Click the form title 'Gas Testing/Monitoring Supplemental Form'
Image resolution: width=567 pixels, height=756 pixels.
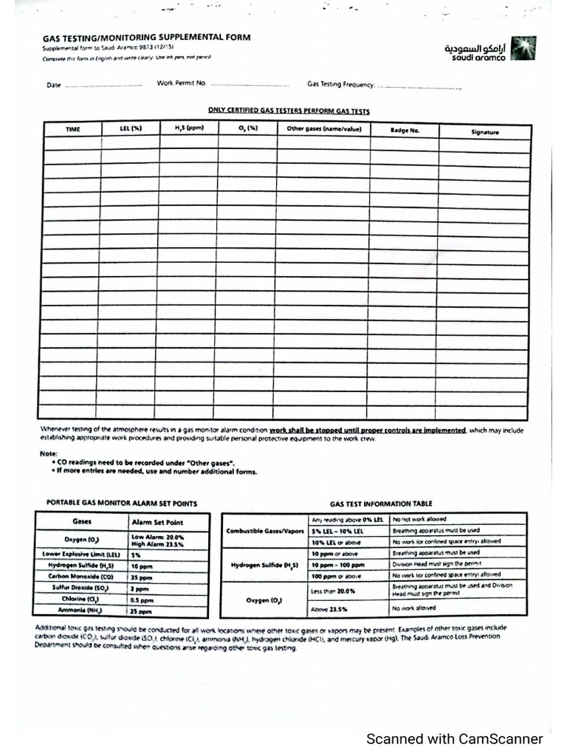tap(145, 37)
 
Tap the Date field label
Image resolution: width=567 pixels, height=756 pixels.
tap(53, 86)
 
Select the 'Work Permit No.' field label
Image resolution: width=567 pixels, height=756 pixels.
tap(181, 84)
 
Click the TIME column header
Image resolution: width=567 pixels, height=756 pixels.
tap(72, 130)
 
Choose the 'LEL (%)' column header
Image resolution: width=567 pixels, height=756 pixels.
tap(130, 129)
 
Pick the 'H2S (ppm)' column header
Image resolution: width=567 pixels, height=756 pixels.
tap(189, 129)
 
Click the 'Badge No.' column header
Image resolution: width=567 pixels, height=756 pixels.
tap(405, 131)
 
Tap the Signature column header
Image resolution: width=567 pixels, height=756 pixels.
tap(484, 132)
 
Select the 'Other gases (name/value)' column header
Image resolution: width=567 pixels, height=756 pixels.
tap(323, 129)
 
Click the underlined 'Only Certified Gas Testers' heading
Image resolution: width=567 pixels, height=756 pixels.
tap(289, 111)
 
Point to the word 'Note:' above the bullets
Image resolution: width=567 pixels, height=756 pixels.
tap(48, 453)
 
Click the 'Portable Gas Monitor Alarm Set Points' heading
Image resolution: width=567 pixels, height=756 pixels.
tap(122, 503)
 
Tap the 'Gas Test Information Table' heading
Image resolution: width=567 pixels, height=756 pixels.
tap(381, 502)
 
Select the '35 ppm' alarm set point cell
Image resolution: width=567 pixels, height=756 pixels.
tap(142, 577)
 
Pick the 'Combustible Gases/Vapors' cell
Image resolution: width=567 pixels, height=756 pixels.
tap(265, 530)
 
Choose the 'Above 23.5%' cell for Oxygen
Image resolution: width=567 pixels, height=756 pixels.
tap(329, 609)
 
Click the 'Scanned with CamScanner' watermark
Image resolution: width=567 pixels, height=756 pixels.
tap(455, 739)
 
